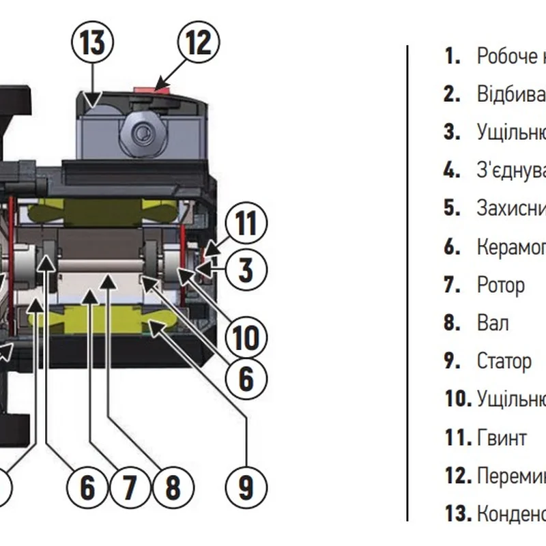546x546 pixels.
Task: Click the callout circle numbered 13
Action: [93, 42]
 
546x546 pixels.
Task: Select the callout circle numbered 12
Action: [199, 42]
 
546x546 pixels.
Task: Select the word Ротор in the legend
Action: [500, 285]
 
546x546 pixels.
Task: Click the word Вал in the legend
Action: [493, 323]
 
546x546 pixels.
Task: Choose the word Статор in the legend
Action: [504, 360]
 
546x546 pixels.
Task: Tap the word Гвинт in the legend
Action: [502, 437]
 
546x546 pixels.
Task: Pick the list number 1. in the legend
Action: [452, 56]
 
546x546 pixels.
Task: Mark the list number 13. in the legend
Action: [457, 513]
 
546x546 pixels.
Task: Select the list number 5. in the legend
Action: [452, 208]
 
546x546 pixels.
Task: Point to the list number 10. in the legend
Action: [457, 399]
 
